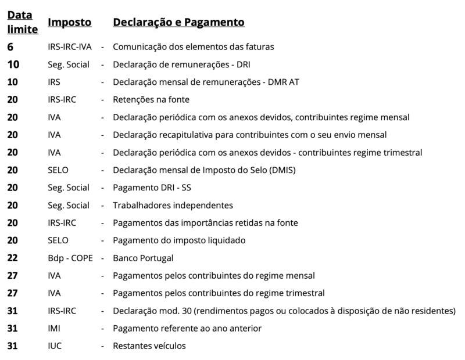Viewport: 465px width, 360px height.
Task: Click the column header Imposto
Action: click(x=69, y=22)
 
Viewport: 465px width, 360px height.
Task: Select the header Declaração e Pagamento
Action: click(x=178, y=22)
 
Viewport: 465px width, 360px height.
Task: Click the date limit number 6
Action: click(x=10, y=46)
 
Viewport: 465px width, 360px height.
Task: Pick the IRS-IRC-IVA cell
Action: click(x=70, y=46)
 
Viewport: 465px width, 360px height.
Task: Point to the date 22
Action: click(x=12, y=258)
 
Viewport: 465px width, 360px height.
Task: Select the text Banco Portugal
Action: click(x=144, y=258)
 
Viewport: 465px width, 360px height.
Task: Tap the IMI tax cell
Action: click(x=54, y=329)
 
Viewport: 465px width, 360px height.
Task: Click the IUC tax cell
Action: click(x=54, y=346)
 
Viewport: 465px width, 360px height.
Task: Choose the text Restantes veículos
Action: click(x=149, y=346)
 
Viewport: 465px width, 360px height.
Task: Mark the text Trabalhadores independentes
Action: click(x=173, y=205)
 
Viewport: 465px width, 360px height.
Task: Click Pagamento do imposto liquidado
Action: click(x=180, y=240)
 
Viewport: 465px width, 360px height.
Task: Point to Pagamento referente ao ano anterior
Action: click(x=187, y=329)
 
